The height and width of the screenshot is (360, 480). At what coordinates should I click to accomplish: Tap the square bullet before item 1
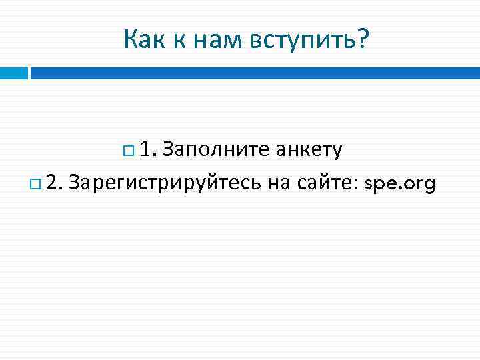pos(128,151)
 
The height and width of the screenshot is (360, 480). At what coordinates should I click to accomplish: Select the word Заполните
pos(215,150)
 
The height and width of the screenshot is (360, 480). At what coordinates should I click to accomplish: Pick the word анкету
pos(309,150)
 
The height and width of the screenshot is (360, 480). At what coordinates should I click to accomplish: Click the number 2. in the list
pos(54,181)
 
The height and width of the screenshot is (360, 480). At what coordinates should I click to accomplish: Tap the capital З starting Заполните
pos(167,150)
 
